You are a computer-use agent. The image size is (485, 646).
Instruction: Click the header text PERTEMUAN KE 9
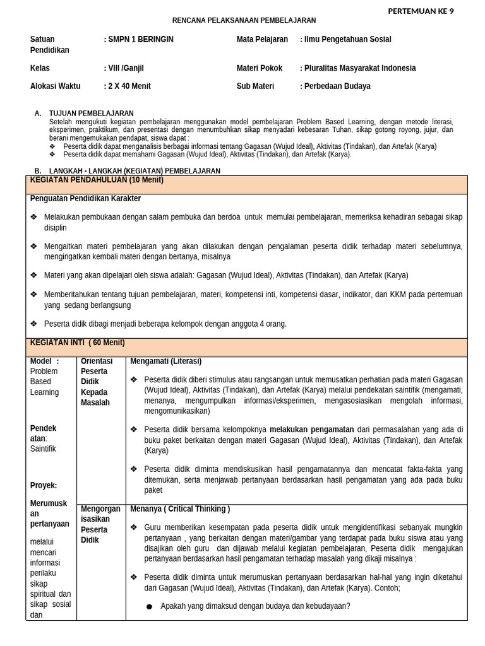pos(420,11)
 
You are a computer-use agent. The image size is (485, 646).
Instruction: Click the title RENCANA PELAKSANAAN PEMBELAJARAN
pos(244,21)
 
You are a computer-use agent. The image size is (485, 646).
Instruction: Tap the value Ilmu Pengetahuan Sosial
pos(347,39)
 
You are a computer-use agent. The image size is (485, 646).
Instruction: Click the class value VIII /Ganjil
pos(129,68)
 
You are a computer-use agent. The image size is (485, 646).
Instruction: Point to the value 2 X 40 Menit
pos(129,86)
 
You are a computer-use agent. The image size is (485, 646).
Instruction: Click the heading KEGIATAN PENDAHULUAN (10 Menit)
pos(97,180)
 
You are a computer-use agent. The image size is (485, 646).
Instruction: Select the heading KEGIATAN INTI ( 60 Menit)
pos(78,343)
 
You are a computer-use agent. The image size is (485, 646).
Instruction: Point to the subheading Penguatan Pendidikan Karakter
pos(85,199)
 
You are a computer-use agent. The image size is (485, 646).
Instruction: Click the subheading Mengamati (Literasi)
pos(165,361)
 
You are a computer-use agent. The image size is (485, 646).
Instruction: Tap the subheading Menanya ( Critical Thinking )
pos(180,508)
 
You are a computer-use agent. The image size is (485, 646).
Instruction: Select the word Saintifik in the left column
pos(44,449)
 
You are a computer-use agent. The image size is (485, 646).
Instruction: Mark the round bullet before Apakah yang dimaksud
pos(149,607)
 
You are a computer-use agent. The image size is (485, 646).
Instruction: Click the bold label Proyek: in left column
pos(44,485)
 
